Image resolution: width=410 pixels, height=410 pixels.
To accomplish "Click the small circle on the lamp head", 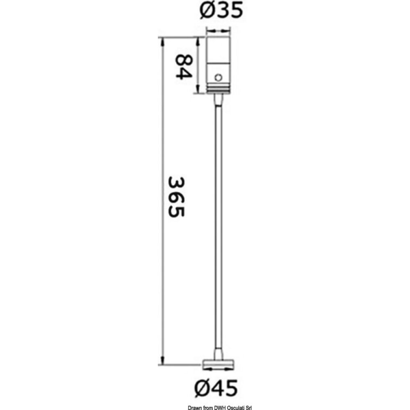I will click(219, 77).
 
